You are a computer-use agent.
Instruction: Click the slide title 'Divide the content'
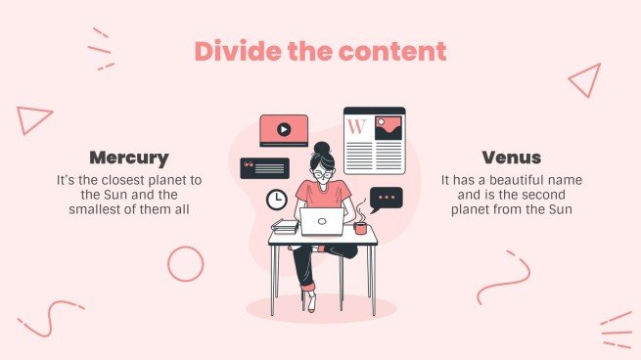click(319, 51)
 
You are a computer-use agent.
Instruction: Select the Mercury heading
click(129, 157)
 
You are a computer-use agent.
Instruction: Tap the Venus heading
click(511, 157)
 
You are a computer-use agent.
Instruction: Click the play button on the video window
click(284, 128)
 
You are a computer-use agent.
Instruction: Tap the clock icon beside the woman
click(277, 200)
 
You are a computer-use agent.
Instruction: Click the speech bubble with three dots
click(387, 198)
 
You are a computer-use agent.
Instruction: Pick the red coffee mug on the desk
click(360, 228)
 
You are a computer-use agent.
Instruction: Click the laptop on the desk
click(321, 223)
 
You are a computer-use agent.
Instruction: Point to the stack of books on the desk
click(285, 227)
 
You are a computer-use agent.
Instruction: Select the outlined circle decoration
click(185, 263)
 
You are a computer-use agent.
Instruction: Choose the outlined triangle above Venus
click(585, 80)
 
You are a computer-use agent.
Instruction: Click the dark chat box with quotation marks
click(264, 168)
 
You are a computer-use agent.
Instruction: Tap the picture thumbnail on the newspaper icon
click(388, 126)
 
